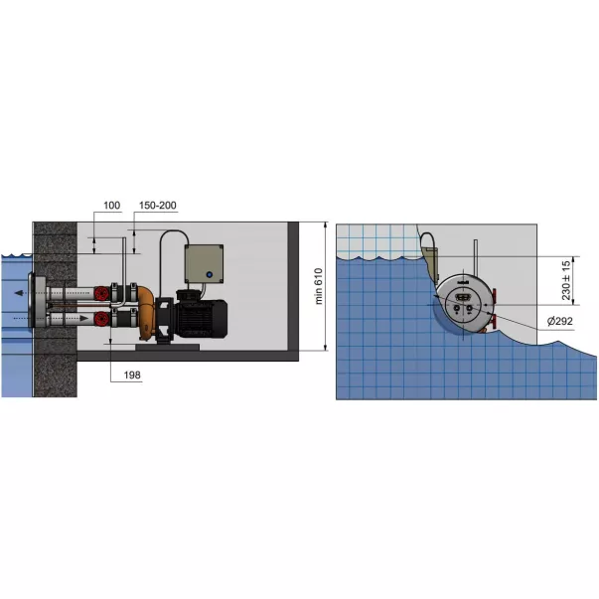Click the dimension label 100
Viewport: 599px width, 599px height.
(112, 206)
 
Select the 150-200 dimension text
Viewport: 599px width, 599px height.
(157, 206)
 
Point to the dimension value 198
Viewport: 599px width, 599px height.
(132, 375)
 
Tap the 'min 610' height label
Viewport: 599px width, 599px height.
(319, 286)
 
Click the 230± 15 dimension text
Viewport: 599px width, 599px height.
(566, 280)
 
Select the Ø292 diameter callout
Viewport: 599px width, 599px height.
(560, 321)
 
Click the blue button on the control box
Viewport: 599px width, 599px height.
(209, 275)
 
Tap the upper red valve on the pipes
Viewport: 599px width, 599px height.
(101, 293)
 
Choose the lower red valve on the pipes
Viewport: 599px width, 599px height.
(101, 318)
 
